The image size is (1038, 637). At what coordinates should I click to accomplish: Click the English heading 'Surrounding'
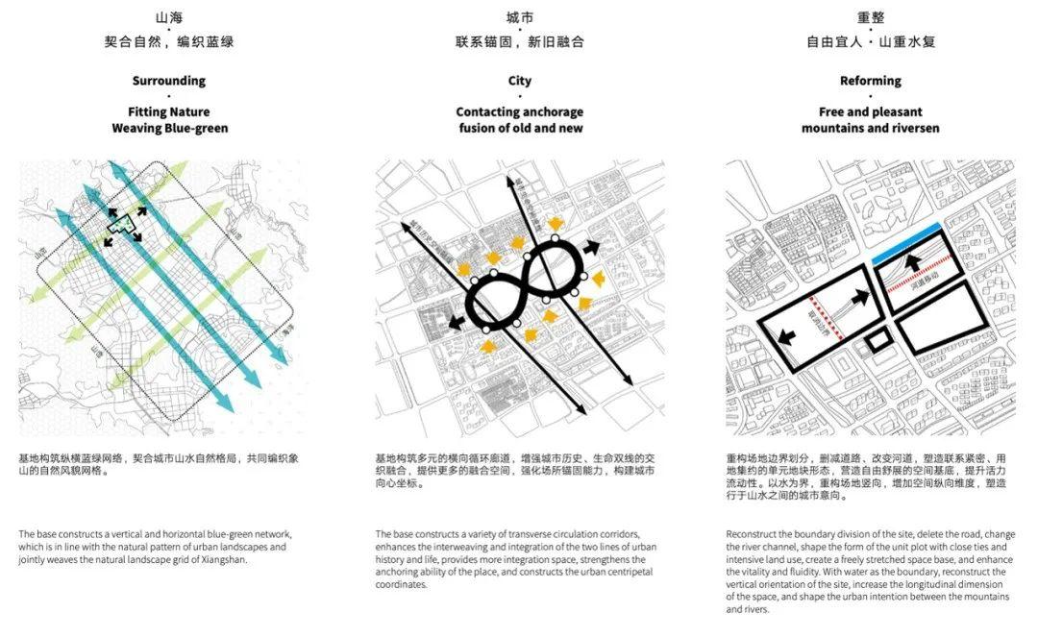tap(168, 81)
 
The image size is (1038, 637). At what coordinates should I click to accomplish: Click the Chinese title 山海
tap(168, 17)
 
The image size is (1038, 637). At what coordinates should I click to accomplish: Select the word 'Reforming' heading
tap(870, 81)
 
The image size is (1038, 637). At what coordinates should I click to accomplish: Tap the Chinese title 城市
tap(519, 17)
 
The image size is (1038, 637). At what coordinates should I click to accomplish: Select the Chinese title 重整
tap(870, 17)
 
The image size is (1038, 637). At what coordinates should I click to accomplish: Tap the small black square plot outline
tap(877, 340)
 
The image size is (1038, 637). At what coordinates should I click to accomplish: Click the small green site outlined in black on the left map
tap(123, 223)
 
